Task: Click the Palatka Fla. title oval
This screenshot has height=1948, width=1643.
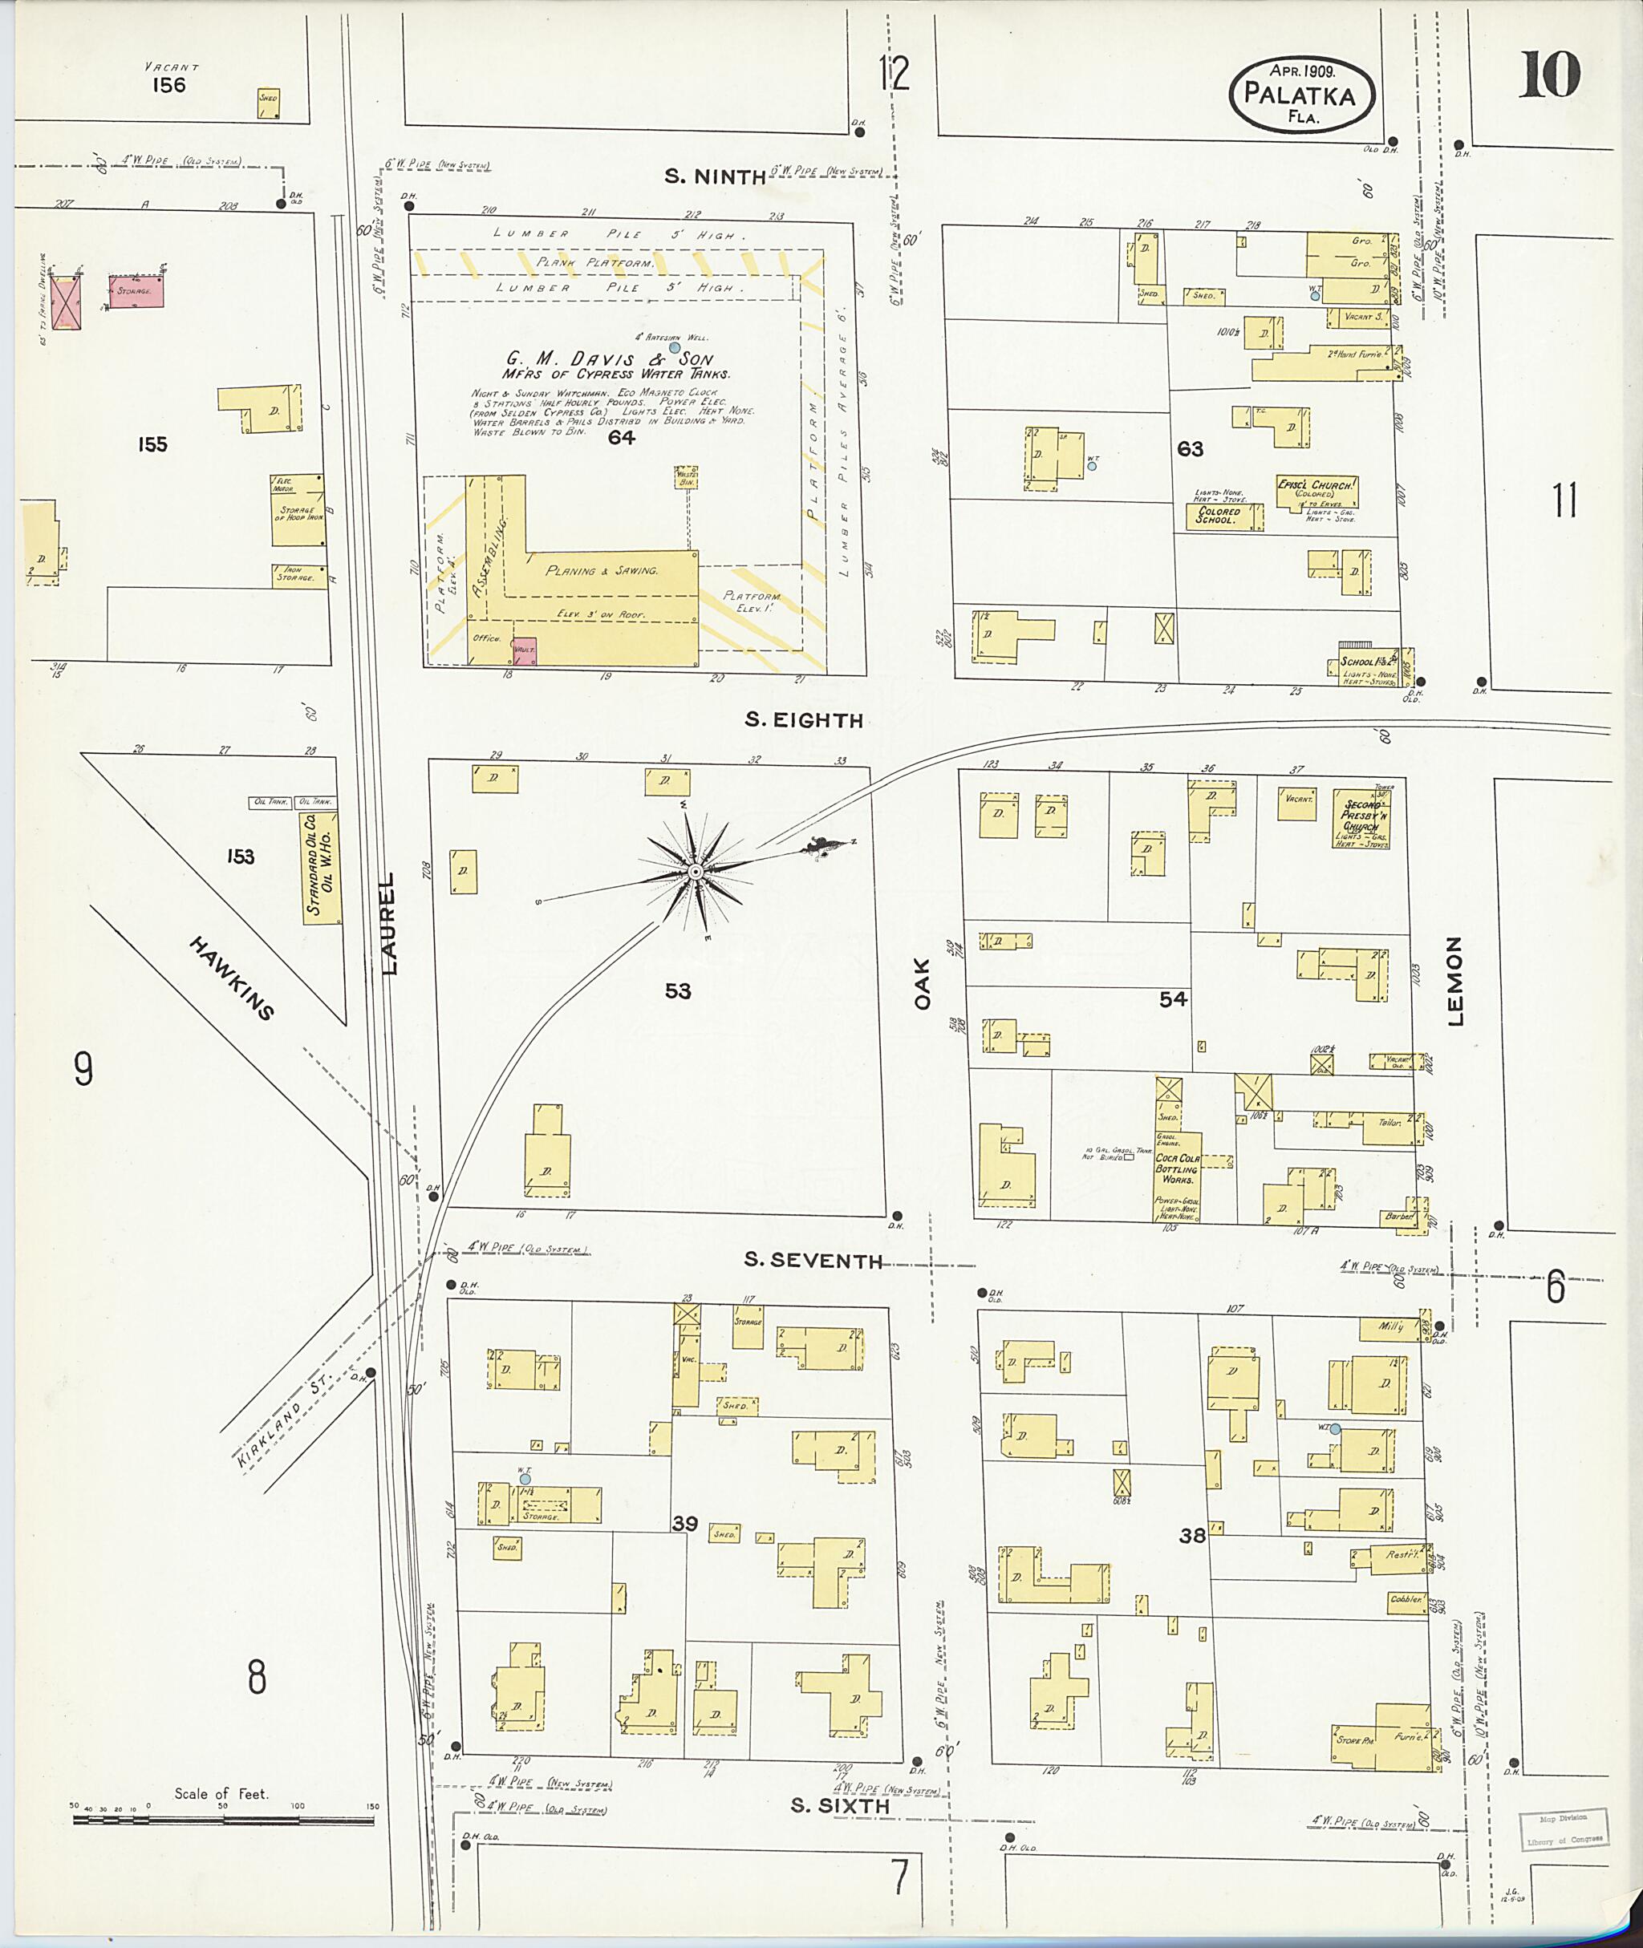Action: coord(1301,93)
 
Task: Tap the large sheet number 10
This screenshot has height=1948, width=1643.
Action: coord(1550,75)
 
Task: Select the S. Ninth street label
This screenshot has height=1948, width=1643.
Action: coord(716,176)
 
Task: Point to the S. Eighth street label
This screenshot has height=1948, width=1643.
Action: coord(803,720)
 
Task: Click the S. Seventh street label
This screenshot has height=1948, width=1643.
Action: coord(812,1261)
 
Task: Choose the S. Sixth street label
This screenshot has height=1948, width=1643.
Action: coord(839,1805)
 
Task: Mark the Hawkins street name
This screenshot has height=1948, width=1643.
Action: coord(231,978)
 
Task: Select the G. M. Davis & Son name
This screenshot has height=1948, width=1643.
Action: coord(609,358)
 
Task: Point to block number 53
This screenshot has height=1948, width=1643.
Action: coord(677,990)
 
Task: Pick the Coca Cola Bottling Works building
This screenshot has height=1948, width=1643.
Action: coord(1178,1175)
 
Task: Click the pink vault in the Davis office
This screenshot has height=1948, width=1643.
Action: coord(525,651)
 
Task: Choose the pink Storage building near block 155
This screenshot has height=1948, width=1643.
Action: coord(137,290)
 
